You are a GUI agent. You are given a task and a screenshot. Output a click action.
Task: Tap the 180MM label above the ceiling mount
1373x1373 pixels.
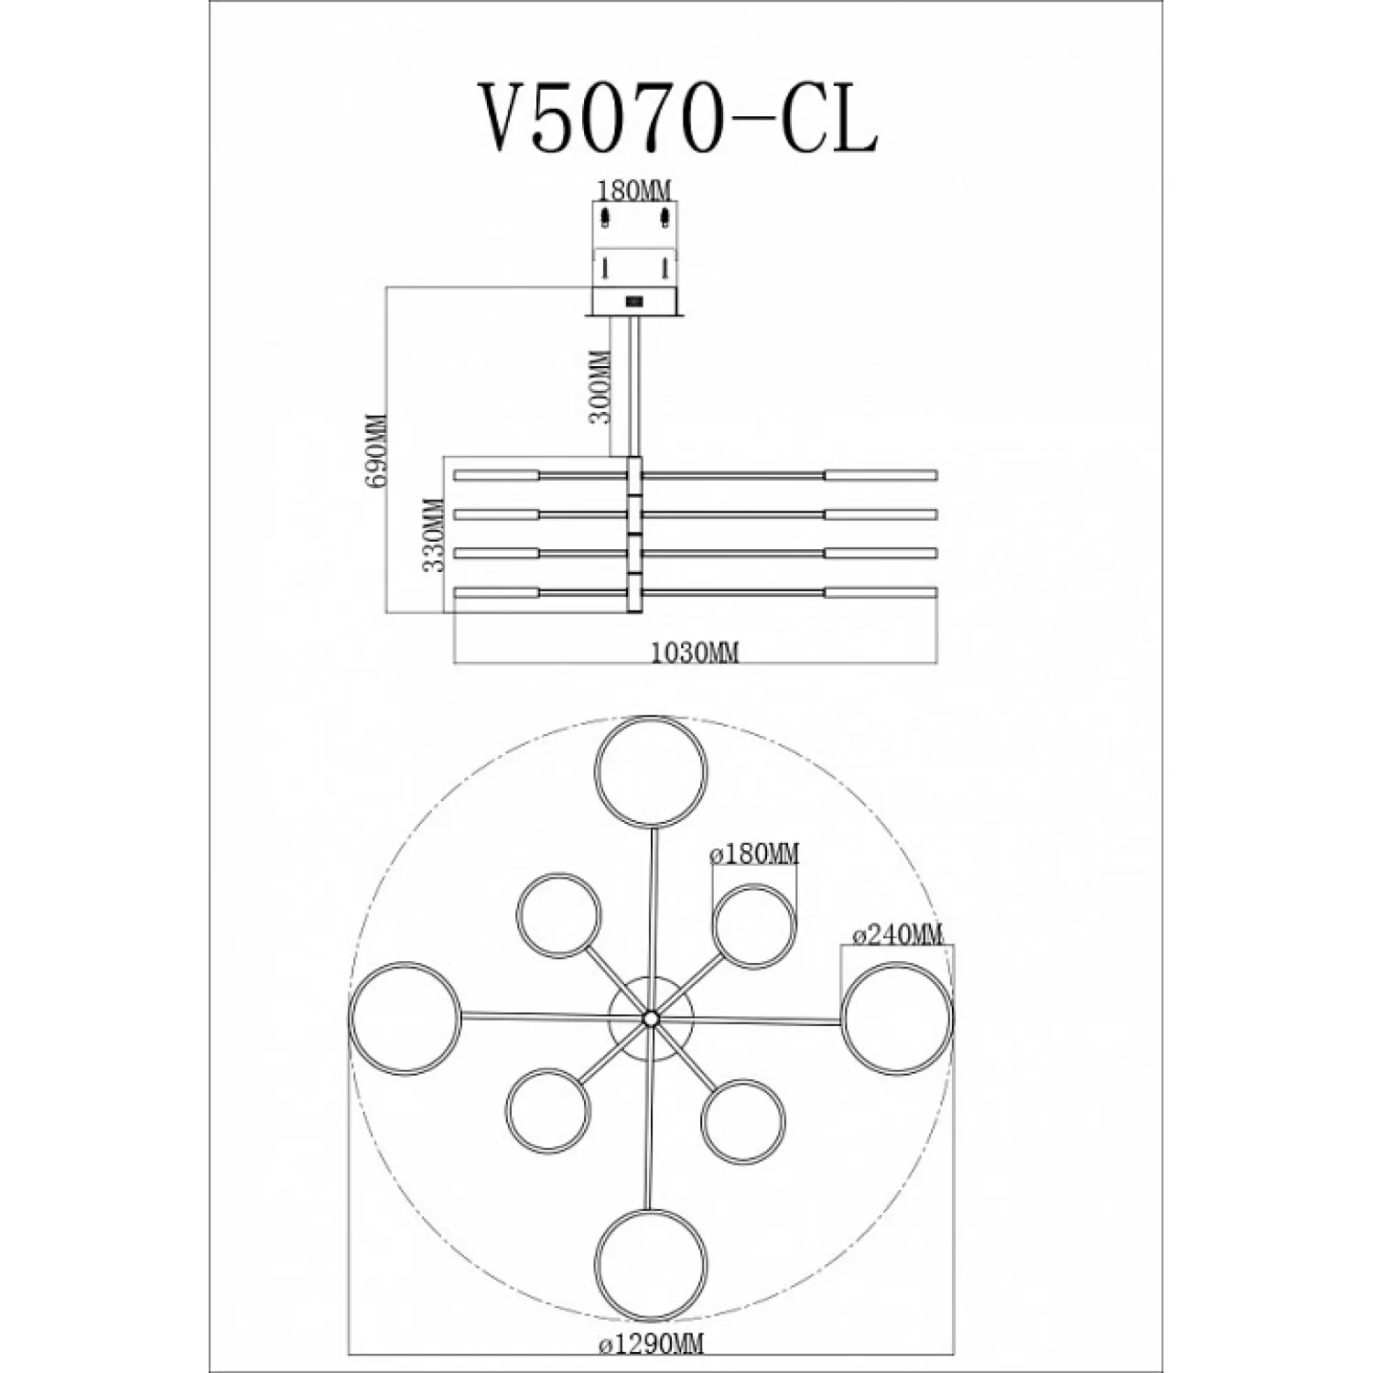pyautogui.click(x=634, y=190)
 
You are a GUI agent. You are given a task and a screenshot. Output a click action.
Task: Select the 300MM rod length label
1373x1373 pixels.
pyautogui.click(x=601, y=385)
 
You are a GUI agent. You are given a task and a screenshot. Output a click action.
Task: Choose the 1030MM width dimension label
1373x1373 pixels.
pyautogui.click(x=695, y=653)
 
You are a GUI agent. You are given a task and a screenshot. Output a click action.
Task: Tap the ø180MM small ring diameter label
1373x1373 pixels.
pyautogui.click(x=754, y=855)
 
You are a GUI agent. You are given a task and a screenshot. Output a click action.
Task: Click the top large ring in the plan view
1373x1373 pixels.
pyautogui.click(x=651, y=719)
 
